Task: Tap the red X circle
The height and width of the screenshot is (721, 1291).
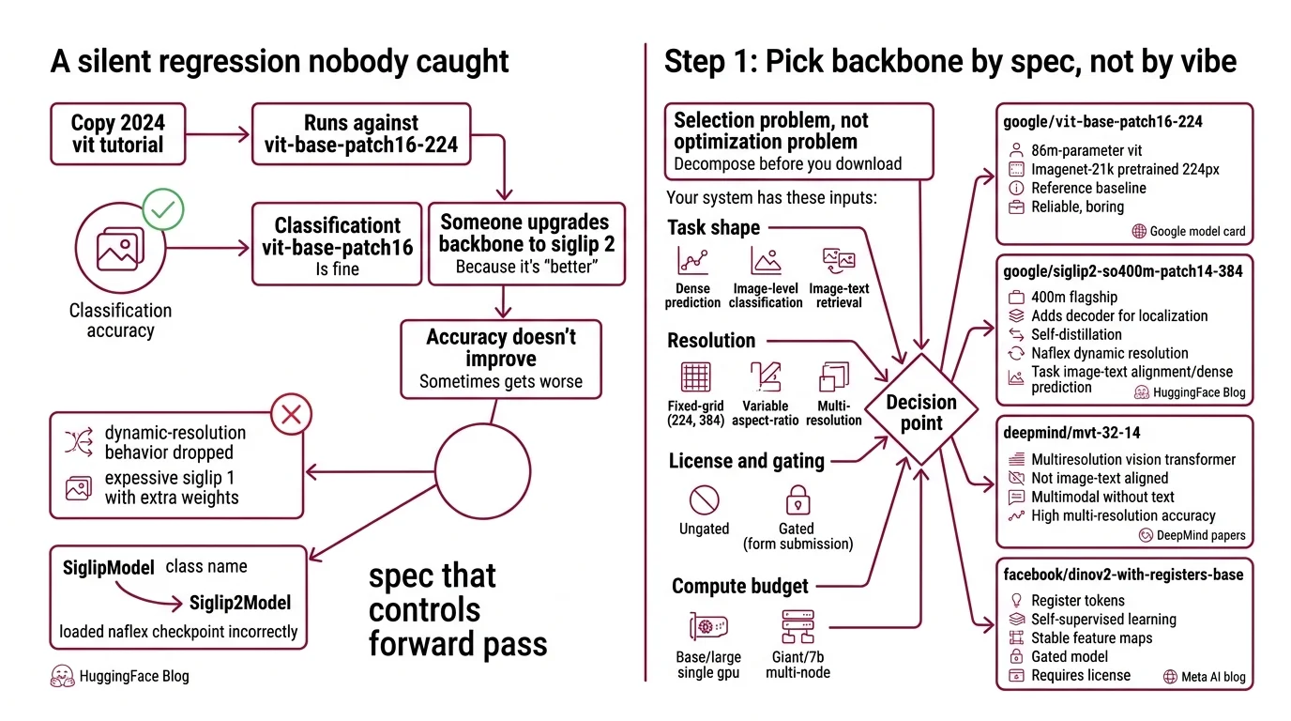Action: pos(291,414)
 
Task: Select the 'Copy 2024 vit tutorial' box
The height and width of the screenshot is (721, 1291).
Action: pos(118,134)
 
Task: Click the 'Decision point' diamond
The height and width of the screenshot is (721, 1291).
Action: pos(921,412)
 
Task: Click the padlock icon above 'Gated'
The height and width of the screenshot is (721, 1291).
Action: pos(797,499)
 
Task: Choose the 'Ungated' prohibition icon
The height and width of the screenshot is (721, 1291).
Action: pos(704,499)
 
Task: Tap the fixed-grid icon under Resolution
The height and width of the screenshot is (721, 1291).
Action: pos(695,376)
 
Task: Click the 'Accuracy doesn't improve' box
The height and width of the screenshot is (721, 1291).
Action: pos(501,360)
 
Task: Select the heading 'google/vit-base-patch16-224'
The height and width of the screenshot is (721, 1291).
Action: pos(1102,121)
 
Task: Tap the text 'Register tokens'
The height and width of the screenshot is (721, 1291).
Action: pos(1077,600)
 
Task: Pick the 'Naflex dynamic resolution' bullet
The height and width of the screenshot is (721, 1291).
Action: pos(1109,353)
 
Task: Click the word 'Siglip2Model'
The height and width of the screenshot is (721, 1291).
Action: pos(240,603)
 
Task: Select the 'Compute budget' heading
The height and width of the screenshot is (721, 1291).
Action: pos(739,587)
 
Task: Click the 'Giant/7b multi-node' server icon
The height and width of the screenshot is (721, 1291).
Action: pos(797,626)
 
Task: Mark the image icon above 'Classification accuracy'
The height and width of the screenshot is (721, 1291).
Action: pos(120,250)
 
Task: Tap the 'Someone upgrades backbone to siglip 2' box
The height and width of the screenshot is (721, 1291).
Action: pos(525,243)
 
